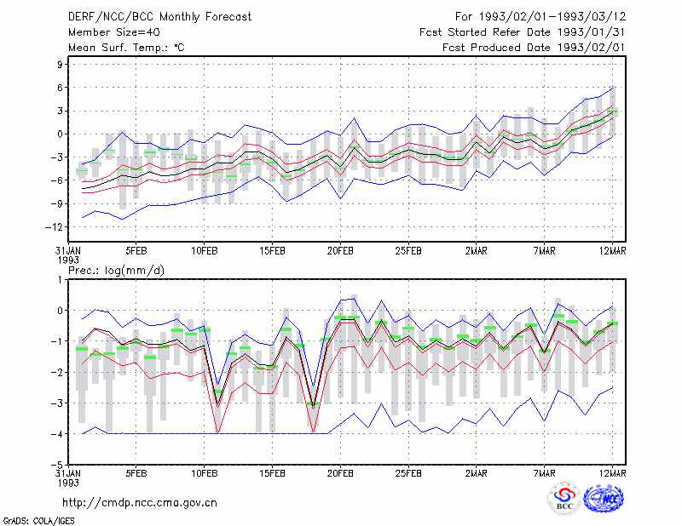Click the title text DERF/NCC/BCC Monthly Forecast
click(159, 17)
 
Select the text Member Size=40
click(114, 32)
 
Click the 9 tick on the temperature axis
click(60, 65)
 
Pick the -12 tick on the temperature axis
click(54, 226)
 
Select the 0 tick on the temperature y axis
click(60, 134)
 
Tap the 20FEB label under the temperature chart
click(340, 251)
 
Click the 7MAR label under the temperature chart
click(544, 251)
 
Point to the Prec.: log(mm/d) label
click(116, 271)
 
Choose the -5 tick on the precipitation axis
click(57, 465)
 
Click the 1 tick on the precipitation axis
click(60, 280)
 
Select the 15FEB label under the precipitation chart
click(272, 473)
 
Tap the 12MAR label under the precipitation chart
click(612, 473)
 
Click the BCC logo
click(564, 500)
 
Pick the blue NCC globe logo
click(604, 499)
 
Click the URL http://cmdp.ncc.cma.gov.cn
click(140, 503)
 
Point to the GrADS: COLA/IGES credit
click(38, 521)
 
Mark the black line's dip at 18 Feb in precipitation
click(313, 406)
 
